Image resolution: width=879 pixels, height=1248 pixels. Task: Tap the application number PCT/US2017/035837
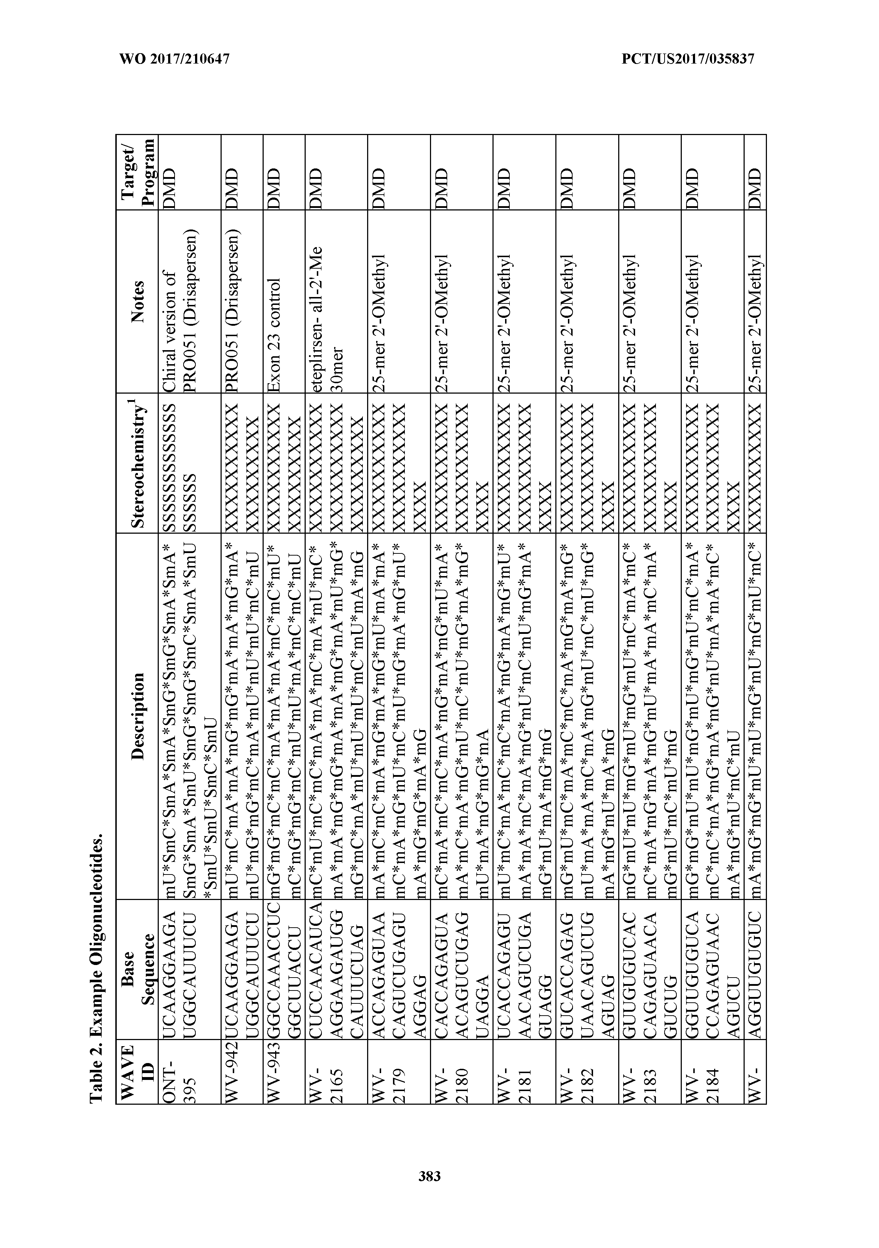coord(688,59)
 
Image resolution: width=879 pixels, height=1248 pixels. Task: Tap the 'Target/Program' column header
coord(139,172)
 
